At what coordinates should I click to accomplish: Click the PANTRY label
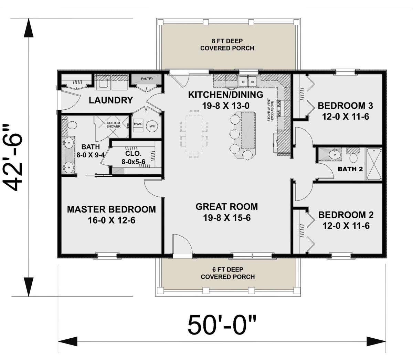[x=147, y=79]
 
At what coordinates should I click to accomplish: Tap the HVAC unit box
[x=138, y=126]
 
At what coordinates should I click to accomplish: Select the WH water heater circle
[x=152, y=126]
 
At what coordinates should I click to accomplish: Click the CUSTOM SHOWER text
[x=114, y=124]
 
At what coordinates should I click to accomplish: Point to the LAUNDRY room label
[x=111, y=100]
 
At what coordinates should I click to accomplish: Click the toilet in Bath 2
[x=353, y=156]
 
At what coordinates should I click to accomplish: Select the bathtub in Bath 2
[x=374, y=164]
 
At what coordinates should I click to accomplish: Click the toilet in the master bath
[x=71, y=125]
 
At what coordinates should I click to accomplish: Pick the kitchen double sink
[x=248, y=81]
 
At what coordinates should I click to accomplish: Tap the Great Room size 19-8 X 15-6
[x=227, y=218]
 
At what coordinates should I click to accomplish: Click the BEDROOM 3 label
[x=346, y=106]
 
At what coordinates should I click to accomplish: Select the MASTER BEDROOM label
[x=112, y=209]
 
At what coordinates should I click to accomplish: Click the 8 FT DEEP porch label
[x=227, y=41]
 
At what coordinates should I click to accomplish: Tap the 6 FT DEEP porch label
[x=228, y=270]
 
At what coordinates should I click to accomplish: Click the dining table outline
[x=194, y=134]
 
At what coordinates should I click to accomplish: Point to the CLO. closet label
[x=133, y=153]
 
